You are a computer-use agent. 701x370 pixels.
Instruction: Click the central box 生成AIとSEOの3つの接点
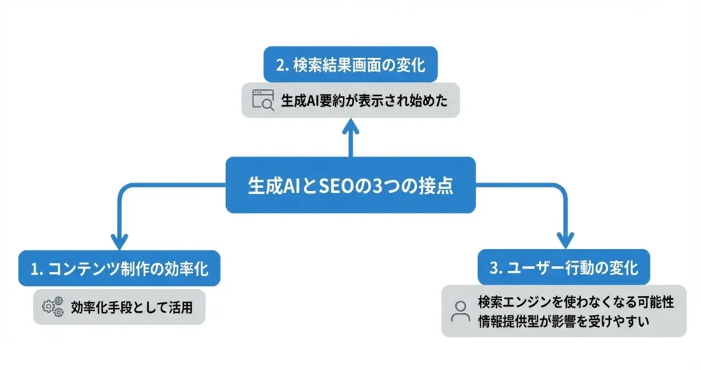pyautogui.click(x=350, y=185)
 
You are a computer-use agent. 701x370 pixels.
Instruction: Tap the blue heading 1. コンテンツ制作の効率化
pyautogui.click(x=119, y=269)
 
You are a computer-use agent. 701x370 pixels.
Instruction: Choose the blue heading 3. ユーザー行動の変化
pyautogui.click(x=564, y=268)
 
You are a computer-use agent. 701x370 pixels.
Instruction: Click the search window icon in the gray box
pyautogui.click(x=263, y=101)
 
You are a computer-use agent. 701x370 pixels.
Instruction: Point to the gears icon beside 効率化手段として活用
pyautogui.click(x=53, y=308)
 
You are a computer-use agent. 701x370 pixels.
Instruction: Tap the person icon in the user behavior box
pyautogui.click(x=460, y=311)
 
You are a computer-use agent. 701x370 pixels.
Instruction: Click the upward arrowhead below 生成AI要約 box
pyautogui.click(x=350, y=127)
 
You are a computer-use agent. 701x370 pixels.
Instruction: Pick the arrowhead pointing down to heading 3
pyautogui.click(x=565, y=240)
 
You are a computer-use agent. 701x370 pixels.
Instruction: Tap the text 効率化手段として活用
pyautogui.click(x=131, y=308)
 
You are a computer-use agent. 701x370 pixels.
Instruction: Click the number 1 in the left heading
pyautogui.click(x=32, y=269)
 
